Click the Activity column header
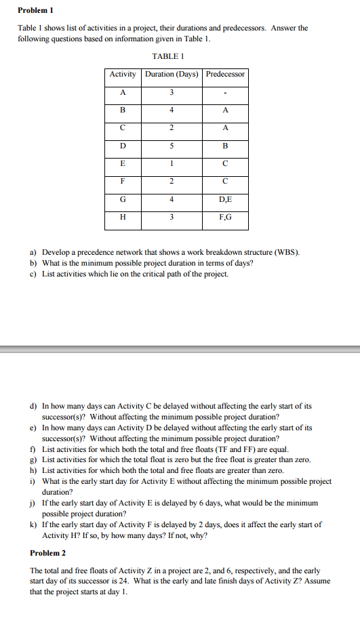pos(123,74)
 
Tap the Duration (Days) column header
pos(172,74)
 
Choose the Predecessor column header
pos(225,74)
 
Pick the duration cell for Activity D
pos(172,144)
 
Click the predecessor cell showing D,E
pos(225,200)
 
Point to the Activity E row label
pos(123,163)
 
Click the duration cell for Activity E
pos(172,163)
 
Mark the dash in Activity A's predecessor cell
pos(225,92)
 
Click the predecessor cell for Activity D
pos(225,144)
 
